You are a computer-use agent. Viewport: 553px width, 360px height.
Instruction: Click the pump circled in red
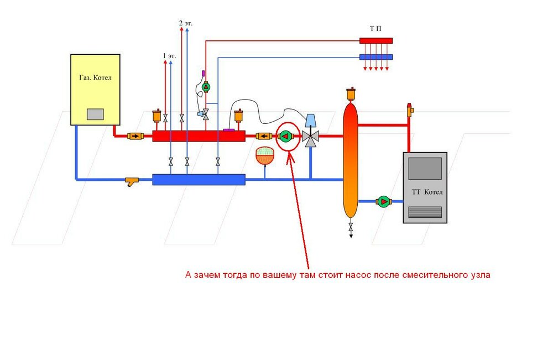[x=285, y=136]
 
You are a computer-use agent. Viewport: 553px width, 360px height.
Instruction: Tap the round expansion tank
[x=265, y=155]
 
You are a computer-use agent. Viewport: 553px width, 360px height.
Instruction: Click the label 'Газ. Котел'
[x=95, y=78]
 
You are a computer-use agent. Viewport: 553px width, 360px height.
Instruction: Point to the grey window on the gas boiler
[x=95, y=114]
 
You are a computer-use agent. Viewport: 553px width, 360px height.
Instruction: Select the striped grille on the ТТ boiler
[x=425, y=212]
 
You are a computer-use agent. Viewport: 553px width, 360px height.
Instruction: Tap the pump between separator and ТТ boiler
[x=383, y=202]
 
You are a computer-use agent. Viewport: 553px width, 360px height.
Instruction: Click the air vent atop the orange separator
[x=349, y=94]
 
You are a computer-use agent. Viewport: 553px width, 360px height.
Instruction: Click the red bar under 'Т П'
[x=375, y=40]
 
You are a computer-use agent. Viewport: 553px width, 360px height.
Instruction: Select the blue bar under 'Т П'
[x=375, y=57]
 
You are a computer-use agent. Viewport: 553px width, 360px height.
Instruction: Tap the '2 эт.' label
[x=185, y=23]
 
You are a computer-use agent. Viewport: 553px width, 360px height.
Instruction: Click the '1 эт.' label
[x=169, y=56]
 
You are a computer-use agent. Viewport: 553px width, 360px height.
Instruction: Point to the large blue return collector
[x=199, y=179]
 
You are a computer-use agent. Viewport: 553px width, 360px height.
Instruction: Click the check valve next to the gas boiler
[x=134, y=136]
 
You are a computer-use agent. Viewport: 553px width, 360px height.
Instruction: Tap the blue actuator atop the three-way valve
[x=311, y=120]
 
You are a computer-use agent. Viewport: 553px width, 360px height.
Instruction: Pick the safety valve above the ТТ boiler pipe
[x=410, y=109]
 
